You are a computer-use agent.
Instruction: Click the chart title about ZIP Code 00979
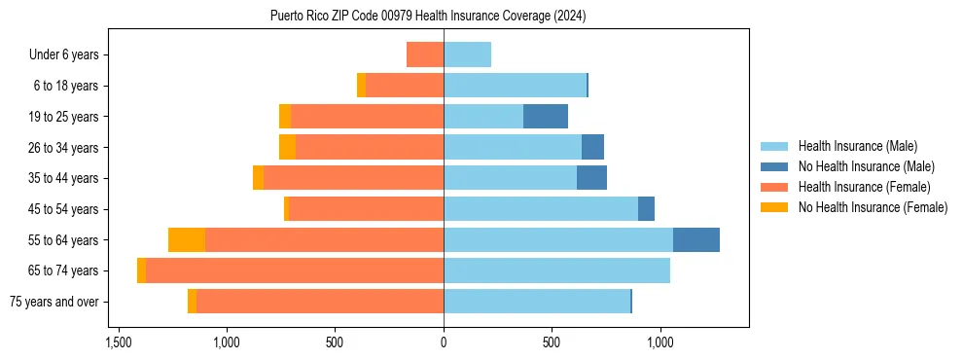point(428,17)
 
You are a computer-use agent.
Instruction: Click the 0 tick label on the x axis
point(444,342)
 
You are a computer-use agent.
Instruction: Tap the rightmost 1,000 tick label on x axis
point(660,342)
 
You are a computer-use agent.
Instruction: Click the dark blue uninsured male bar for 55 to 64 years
point(695,240)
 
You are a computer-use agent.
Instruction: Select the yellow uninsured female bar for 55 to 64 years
point(187,240)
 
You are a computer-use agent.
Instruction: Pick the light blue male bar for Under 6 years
point(467,55)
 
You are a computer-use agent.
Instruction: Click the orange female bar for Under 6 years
point(425,55)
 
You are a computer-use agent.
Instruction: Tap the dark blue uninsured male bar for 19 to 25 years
point(545,117)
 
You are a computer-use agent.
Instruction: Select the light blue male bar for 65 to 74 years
point(556,270)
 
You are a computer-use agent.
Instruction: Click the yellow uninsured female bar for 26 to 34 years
point(287,148)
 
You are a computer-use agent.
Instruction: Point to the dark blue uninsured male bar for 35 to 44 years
point(591,178)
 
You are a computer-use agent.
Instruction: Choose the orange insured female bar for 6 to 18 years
point(405,86)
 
